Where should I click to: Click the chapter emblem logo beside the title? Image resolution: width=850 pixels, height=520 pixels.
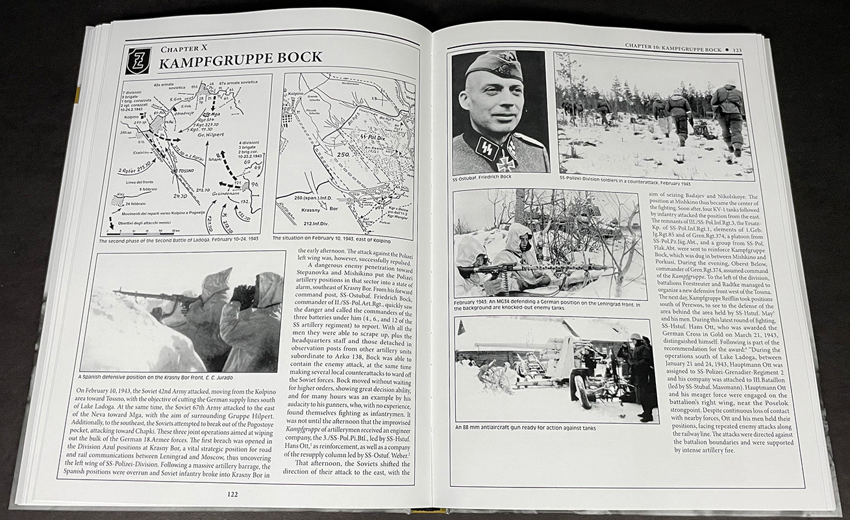pos(138,60)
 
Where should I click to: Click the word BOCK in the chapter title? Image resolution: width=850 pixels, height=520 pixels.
pos(290,57)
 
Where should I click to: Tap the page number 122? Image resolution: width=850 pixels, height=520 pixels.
pos(232,494)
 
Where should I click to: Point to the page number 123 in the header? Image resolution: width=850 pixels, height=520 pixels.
pos(737,49)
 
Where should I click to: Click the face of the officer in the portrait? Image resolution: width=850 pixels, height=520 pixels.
pos(492,103)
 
